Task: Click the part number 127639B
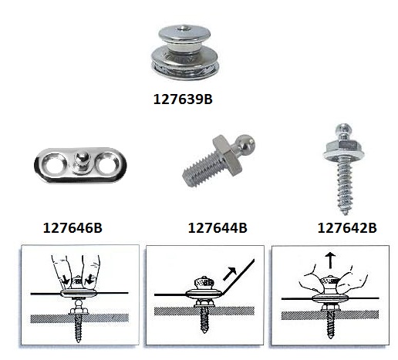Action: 183,99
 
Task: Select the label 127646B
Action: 73,227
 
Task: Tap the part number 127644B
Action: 218,227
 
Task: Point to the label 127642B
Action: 347,227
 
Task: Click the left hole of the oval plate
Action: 54,164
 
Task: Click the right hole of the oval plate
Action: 107,163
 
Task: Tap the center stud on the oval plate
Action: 81,162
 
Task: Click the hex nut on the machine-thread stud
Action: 227,155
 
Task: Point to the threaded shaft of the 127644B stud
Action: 200,169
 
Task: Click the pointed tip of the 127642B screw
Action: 346,214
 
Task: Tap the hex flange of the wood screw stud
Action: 343,150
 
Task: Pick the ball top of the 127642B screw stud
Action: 343,129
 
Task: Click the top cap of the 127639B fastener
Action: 184,34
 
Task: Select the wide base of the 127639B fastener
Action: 185,64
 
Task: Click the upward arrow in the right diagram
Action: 330,260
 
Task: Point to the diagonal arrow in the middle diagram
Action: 230,274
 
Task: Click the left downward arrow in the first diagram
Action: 65,280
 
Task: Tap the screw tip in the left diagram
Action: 79,340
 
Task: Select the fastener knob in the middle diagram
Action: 204,283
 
